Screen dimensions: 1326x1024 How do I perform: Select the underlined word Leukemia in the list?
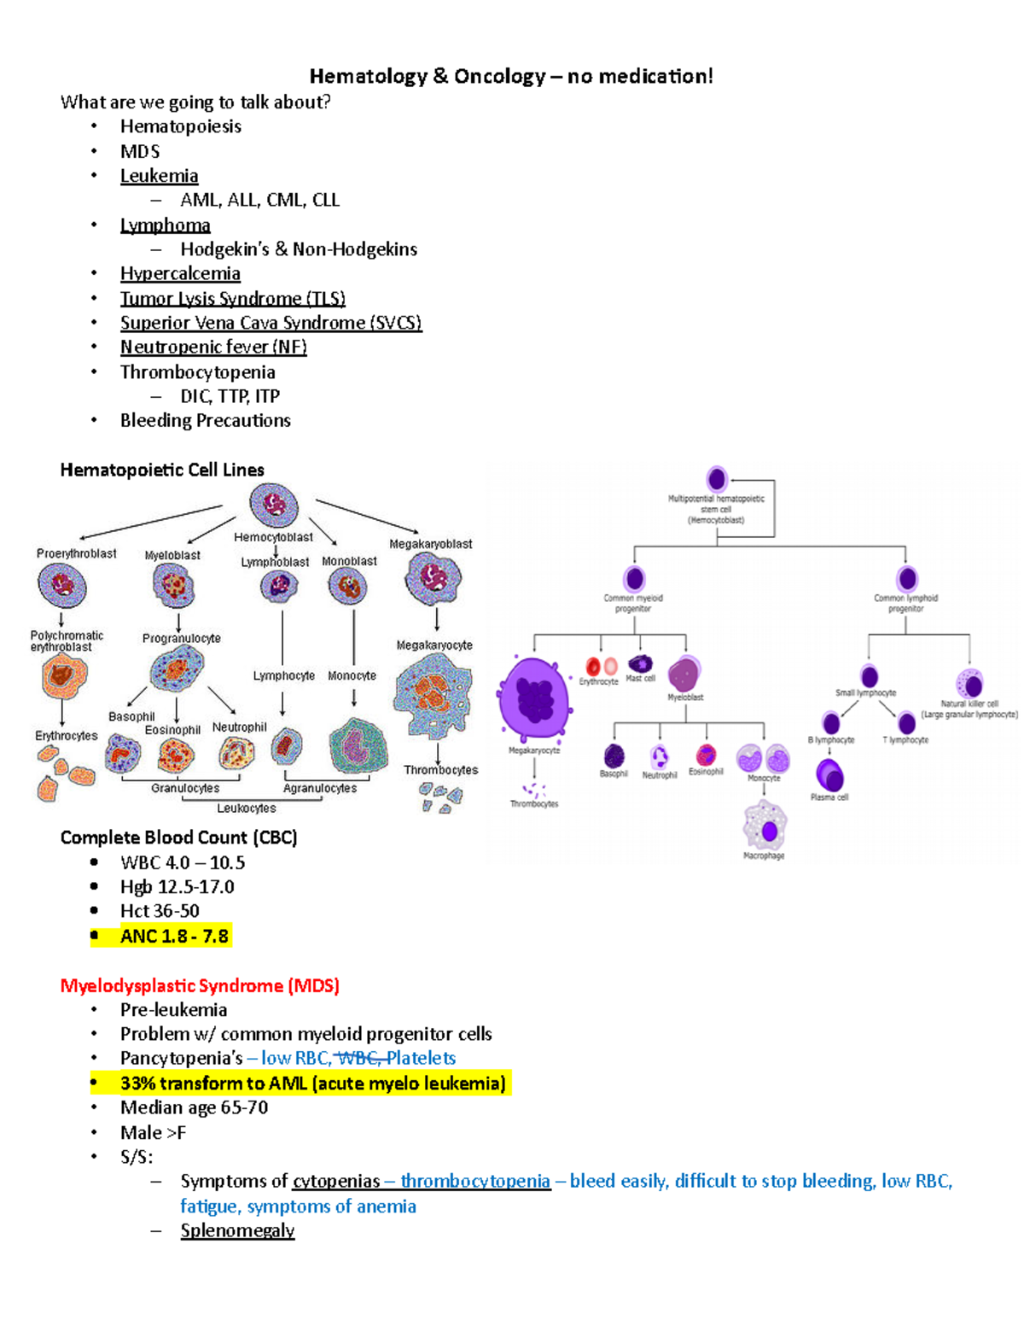[159, 176]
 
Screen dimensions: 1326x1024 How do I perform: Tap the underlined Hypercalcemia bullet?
[180, 273]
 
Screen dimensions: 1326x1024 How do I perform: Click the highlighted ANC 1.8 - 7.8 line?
[174, 936]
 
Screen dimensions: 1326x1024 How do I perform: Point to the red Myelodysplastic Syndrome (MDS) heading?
[200, 985]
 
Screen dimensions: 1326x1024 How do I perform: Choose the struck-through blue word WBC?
[358, 1058]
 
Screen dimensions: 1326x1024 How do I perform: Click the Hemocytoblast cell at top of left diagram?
[273, 505]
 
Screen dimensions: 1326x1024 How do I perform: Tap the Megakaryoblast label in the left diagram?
[430, 544]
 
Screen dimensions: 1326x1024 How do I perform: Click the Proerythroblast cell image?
[62, 585]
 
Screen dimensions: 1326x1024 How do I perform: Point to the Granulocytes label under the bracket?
[185, 788]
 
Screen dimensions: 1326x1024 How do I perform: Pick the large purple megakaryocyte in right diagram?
[534, 698]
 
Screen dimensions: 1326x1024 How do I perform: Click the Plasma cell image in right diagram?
[829, 775]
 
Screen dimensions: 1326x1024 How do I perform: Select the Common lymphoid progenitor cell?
[907, 578]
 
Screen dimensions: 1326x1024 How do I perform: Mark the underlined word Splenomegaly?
[237, 1230]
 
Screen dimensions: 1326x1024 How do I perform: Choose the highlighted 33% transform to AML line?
[312, 1083]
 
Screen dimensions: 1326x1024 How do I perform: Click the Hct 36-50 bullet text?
[160, 911]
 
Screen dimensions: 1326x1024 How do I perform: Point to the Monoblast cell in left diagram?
[348, 587]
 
